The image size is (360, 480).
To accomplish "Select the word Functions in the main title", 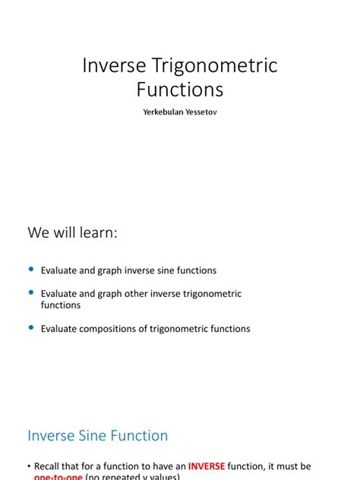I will (x=180, y=90).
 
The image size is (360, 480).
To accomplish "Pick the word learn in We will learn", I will (x=99, y=233).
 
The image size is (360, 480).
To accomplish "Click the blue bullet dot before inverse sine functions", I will (x=31, y=270).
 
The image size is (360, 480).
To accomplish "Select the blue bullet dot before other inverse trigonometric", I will (x=31, y=292).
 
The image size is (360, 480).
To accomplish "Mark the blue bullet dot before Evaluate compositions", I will (x=31, y=327).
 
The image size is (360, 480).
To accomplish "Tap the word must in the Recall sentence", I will (x=287, y=466).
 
